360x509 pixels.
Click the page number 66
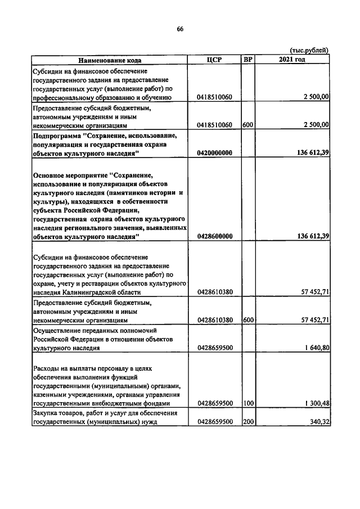click(180, 29)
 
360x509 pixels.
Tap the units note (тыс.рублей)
click(309, 51)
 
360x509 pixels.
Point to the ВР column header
click(247, 60)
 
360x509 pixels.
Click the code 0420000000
click(215, 152)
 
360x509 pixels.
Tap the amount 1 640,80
click(314, 348)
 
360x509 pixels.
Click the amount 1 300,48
click(314, 403)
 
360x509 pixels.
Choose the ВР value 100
click(247, 403)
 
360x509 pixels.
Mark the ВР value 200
click(247, 422)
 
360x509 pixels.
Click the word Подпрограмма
click(56, 136)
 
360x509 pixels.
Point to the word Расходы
click(47, 368)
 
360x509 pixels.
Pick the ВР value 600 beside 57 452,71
click(247, 320)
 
